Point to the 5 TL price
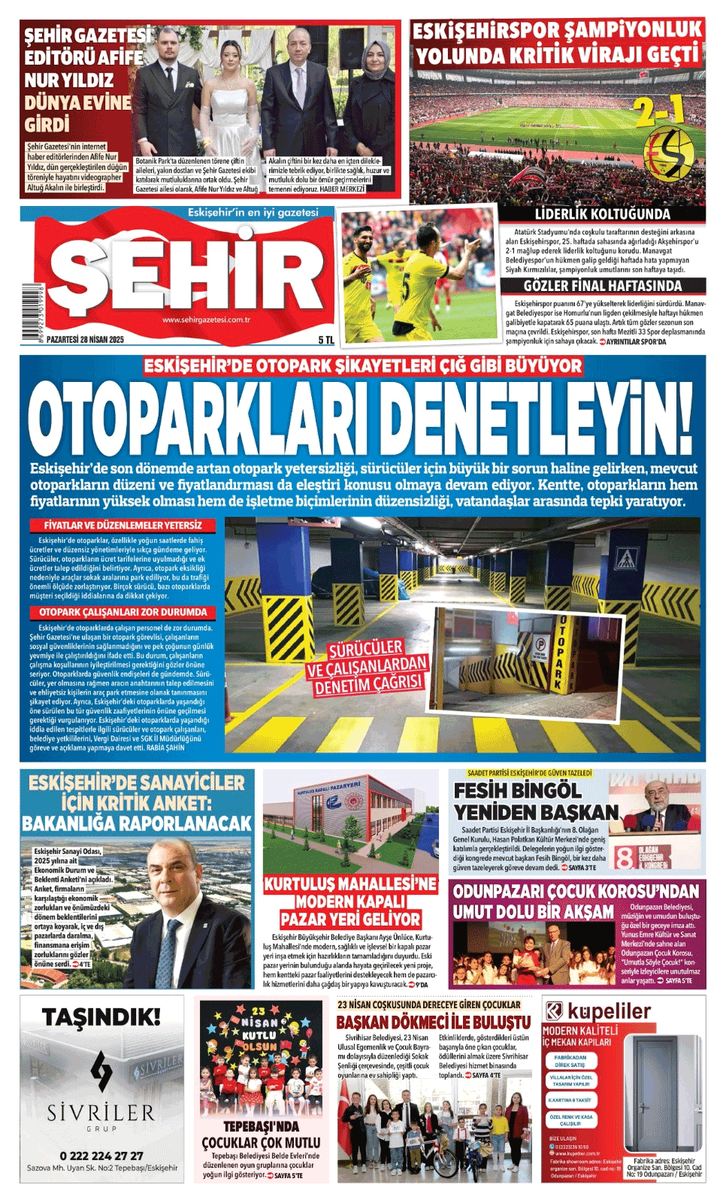(x=325, y=340)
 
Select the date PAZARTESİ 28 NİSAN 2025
(x=85, y=340)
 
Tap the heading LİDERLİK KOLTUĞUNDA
(x=602, y=214)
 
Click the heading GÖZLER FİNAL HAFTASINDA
(x=603, y=286)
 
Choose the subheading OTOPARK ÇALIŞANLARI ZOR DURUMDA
(x=123, y=613)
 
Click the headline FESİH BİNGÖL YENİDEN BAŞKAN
(x=535, y=801)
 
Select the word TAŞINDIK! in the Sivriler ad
(x=101, y=1017)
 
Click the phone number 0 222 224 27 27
(x=101, y=1156)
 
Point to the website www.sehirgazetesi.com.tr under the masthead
(x=206, y=320)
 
